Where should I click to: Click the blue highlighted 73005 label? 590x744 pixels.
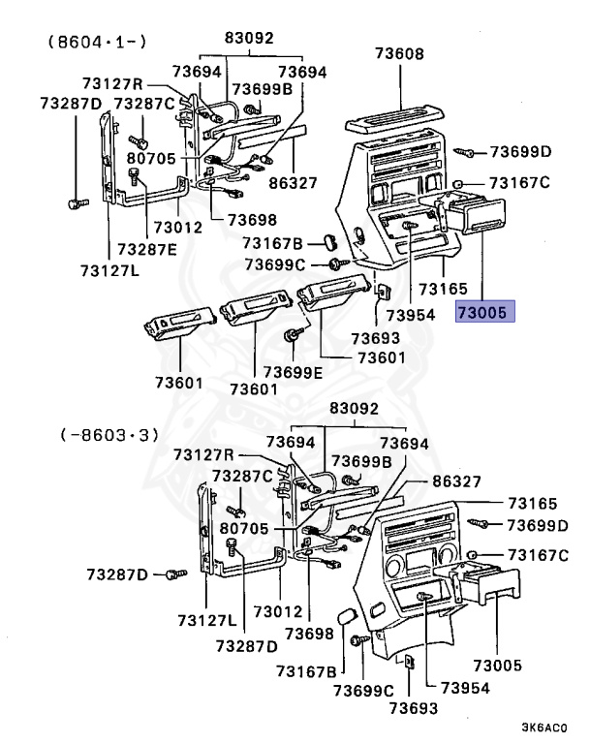click(486, 312)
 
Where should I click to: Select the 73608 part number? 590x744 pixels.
click(398, 54)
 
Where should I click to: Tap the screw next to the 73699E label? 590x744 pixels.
click(290, 336)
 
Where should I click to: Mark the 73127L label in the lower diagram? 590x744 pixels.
click(207, 619)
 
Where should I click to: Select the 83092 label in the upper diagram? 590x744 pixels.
click(250, 39)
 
